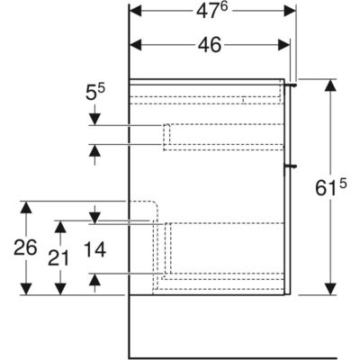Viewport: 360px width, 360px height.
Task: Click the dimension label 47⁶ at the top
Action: click(x=212, y=11)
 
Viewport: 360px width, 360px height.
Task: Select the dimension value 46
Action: click(x=210, y=45)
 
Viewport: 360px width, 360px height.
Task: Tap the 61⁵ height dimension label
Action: click(x=331, y=187)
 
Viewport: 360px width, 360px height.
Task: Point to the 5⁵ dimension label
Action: click(x=94, y=92)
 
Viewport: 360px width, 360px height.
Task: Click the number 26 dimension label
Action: click(x=25, y=247)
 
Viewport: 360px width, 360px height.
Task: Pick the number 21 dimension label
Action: click(x=58, y=258)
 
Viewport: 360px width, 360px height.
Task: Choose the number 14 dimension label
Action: click(x=94, y=249)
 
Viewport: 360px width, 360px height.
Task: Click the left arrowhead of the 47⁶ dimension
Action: click(x=135, y=11)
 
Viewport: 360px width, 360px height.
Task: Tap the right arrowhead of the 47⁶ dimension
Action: click(x=290, y=11)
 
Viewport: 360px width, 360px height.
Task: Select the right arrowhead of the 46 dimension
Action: click(x=284, y=45)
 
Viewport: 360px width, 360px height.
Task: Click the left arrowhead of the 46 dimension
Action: click(x=135, y=45)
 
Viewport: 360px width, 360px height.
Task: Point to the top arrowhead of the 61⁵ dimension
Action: click(x=330, y=85)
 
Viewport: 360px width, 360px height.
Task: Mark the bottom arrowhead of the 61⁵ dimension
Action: click(x=330, y=289)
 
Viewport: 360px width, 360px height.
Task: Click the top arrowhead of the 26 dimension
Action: click(x=26, y=207)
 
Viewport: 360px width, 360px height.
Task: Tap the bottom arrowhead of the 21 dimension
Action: click(x=60, y=289)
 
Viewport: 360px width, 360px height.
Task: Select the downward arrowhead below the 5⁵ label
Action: click(x=94, y=119)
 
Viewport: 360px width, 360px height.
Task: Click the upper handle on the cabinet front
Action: click(x=291, y=85)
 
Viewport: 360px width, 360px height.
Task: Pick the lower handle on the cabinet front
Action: click(x=291, y=165)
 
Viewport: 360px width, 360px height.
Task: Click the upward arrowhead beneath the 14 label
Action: click(x=94, y=280)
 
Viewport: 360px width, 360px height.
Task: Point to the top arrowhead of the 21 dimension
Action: click(x=60, y=227)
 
